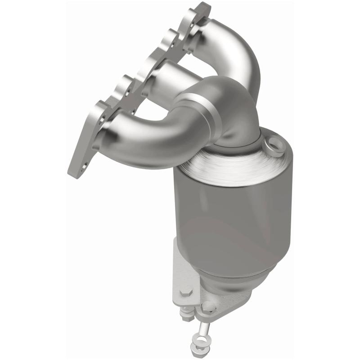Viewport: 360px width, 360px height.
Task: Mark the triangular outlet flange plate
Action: (225, 306)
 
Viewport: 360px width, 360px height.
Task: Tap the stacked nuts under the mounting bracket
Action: (186, 312)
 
